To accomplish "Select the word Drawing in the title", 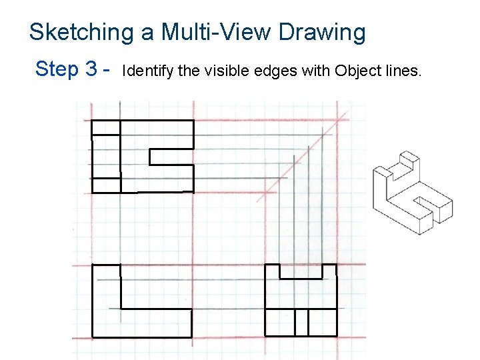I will coord(322,32).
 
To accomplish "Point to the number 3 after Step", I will coord(93,69).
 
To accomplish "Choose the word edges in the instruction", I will coord(253,71).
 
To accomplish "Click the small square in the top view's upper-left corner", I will coord(105,127).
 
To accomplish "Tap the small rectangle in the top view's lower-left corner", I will coord(106,185).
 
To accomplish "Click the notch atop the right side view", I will coord(301,271).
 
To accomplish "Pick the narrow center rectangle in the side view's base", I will coord(301,323).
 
